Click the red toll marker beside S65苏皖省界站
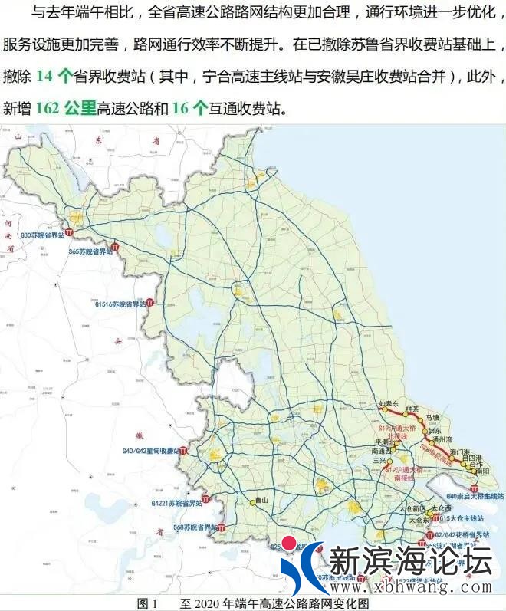tap(115, 247)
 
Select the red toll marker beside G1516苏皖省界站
tap(150, 303)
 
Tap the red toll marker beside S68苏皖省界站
tap(222, 527)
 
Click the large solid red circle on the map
tap(289, 544)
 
